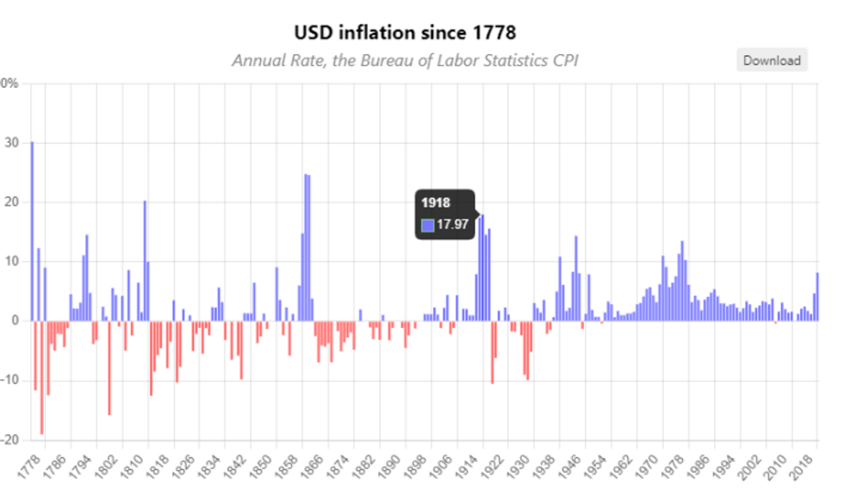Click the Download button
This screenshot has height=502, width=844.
click(x=772, y=60)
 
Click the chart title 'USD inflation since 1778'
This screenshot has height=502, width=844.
click(x=405, y=34)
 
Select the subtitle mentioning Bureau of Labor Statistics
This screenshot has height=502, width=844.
click(x=405, y=60)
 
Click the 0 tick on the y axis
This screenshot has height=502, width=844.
click(x=15, y=321)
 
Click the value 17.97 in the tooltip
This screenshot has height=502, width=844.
click(x=452, y=225)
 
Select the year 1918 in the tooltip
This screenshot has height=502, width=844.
click(x=436, y=203)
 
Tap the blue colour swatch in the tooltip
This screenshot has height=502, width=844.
click(x=428, y=225)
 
